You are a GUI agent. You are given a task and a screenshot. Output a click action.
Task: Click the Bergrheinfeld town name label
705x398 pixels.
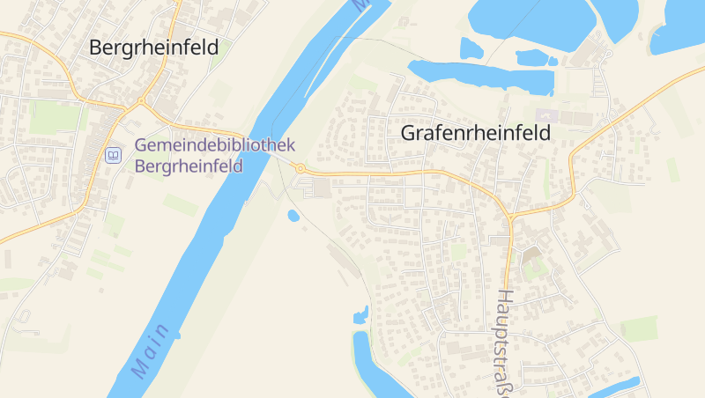[x=153, y=48]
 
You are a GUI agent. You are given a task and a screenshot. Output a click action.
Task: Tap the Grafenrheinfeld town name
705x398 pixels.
[x=475, y=133]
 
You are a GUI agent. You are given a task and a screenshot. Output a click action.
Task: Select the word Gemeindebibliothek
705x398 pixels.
[x=214, y=145]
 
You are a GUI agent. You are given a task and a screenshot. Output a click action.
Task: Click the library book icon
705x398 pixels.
[x=113, y=156]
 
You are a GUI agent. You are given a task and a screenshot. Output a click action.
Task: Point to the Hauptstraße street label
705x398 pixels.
[x=504, y=343]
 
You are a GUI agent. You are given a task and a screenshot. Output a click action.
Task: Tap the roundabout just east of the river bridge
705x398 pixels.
[x=301, y=168]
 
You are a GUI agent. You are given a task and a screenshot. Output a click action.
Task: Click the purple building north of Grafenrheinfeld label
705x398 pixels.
[x=543, y=115]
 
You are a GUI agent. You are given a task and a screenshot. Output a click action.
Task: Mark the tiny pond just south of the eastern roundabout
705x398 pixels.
[x=293, y=215]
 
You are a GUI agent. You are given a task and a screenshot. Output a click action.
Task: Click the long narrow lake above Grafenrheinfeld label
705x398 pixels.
[x=480, y=75]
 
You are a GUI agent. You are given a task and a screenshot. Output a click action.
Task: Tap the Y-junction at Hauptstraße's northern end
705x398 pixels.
[x=509, y=216]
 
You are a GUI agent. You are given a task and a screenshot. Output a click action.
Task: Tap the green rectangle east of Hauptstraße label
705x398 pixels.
[x=638, y=328]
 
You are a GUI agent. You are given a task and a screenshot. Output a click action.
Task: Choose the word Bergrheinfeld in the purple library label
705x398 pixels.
[x=189, y=165]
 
